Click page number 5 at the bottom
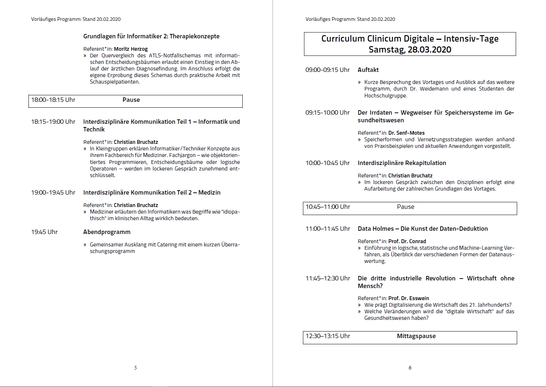pos(135,368)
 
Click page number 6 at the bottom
pos(410,368)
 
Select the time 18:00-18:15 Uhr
pos(53,100)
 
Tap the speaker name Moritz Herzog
pos(131,49)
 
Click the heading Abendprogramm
pos(107,232)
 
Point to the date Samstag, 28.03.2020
pos(410,50)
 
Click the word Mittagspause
pos(416,336)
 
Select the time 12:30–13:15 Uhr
pos(328,336)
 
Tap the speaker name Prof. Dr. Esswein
pos(408,298)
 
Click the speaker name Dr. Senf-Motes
pos(406,133)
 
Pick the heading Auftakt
pos(368,70)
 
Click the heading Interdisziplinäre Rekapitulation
pos(401,163)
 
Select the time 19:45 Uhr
pos(45,232)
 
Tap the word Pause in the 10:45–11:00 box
pos(405,207)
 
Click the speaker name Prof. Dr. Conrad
pos(407,241)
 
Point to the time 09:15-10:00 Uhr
pos(327,113)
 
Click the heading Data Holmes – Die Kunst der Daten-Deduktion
pos(423,229)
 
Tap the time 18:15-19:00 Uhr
pos(53,122)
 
